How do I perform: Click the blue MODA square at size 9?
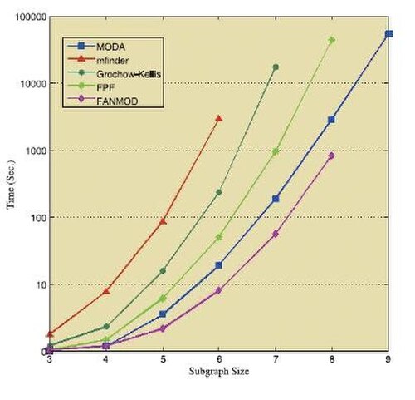click(388, 34)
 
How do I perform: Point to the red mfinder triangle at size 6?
click(219, 119)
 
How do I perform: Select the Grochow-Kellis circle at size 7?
click(276, 67)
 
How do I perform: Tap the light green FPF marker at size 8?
click(332, 40)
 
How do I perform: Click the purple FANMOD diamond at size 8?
click(331, 156)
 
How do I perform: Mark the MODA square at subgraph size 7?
click(276, 199)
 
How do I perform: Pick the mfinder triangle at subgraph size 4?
click(106, 291)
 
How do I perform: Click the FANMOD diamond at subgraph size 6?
click(218, 290)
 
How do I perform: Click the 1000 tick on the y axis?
click(36, 151)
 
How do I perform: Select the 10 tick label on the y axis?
click(41, 284)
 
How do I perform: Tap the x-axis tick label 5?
click(164, 359)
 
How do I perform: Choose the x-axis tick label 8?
click(332, 359)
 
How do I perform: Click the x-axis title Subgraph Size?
click(219, 372)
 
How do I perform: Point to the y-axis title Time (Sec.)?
click(12, 185)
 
